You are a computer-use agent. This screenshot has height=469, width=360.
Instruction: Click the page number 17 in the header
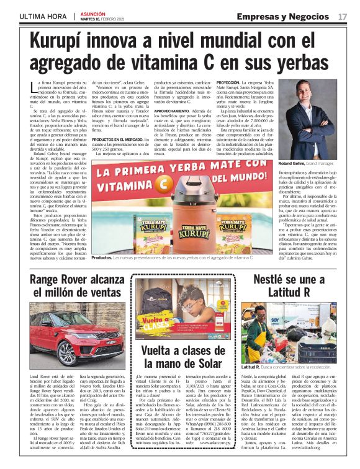click(x=342, y=16)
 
